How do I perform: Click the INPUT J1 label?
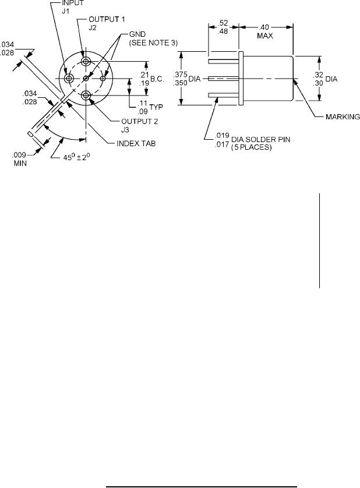73,6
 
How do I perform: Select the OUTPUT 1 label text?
107,19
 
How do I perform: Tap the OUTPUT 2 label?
140,121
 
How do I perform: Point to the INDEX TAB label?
136,143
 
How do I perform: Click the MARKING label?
343,116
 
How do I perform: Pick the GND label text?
137,34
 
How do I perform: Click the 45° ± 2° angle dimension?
77,157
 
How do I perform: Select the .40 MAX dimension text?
265,31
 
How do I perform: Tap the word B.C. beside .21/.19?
157,79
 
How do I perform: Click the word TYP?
156,107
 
